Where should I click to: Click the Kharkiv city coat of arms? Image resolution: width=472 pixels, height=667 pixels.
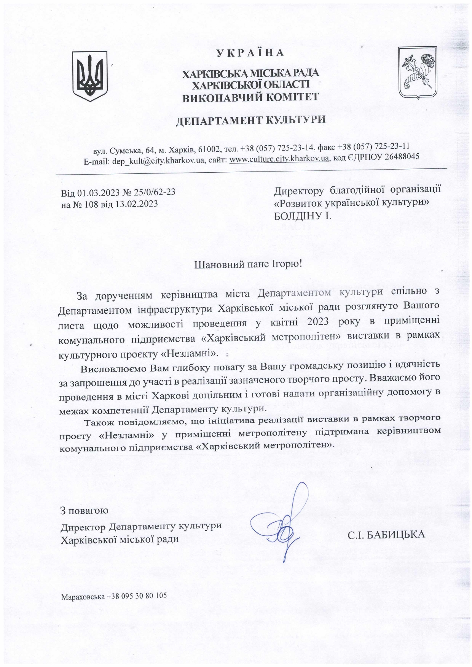(419, 72)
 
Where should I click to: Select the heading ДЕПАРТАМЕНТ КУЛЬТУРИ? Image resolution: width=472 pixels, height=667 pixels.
(250, 121)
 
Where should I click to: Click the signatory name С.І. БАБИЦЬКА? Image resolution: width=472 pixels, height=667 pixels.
(386, 535)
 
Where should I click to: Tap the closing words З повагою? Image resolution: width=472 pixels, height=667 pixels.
(85, 510)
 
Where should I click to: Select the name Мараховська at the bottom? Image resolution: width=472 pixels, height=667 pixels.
(83, 596)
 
